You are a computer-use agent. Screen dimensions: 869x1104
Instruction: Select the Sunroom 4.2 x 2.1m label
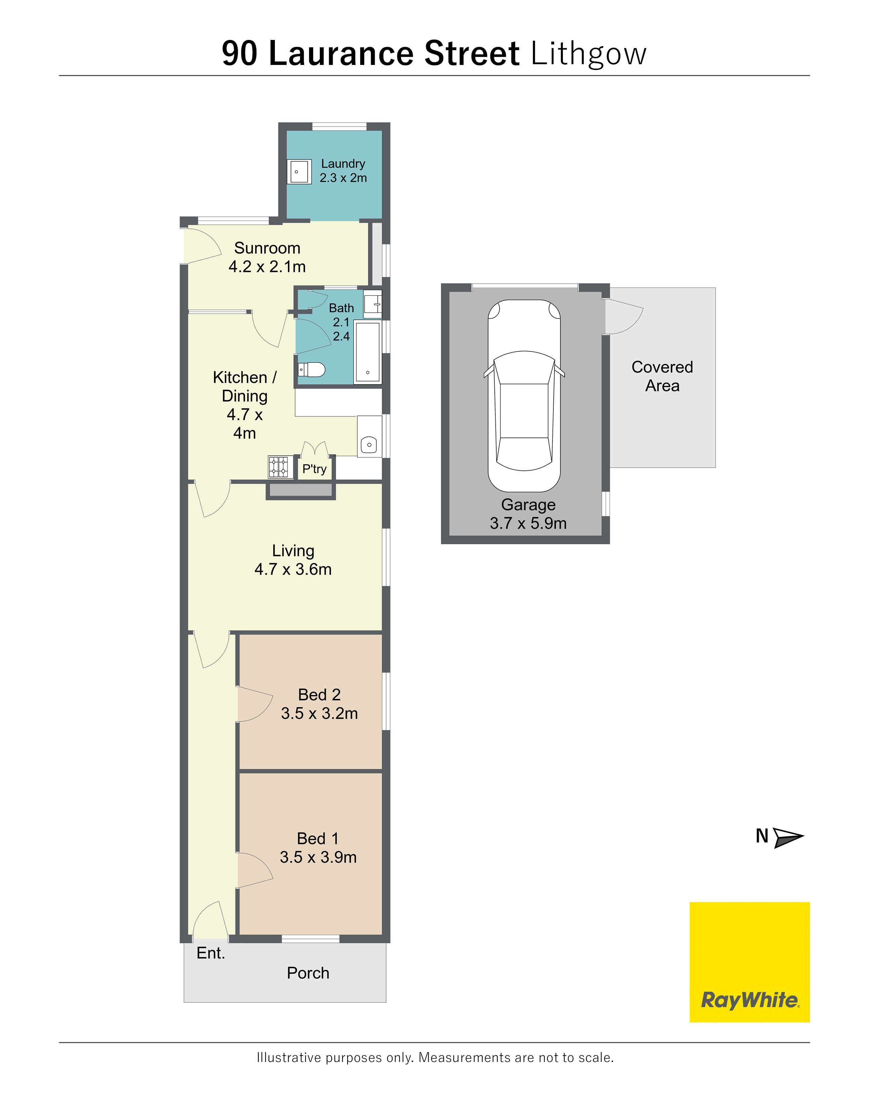pyautogui.click(x=267, y=257)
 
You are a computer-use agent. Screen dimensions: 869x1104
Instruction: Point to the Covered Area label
pyautogui.click(x=662, y=376)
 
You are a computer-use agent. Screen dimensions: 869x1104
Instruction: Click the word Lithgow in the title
pyautogui.click(x=589, y=54)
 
